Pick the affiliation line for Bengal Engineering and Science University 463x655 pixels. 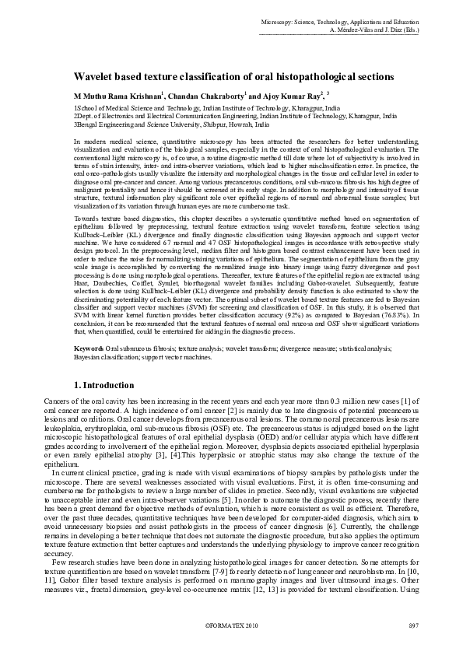point(172,124)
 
